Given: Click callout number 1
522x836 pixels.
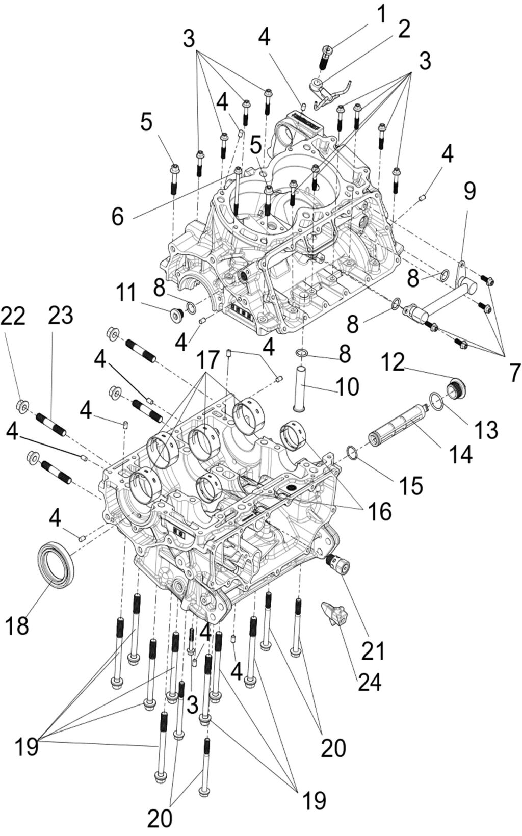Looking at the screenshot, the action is [380, 15].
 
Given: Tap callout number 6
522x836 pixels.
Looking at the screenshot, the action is [118, 217].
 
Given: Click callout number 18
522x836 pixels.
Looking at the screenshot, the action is [17, 625].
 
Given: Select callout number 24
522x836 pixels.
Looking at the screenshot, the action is [370, 682].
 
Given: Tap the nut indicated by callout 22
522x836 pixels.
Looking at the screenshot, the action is [22, 405].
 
